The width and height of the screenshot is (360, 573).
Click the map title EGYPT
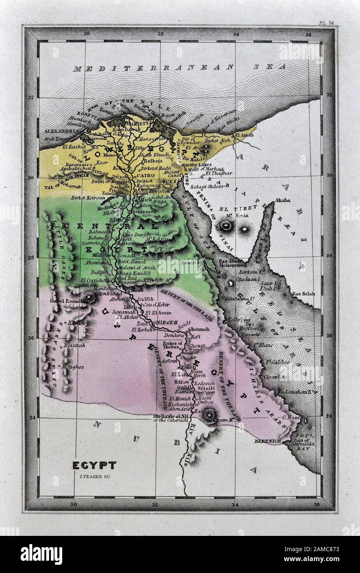[x=94, y=465]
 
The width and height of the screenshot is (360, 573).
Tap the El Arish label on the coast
[x=243, y=135]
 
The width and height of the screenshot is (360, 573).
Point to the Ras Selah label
[x=303, y=294]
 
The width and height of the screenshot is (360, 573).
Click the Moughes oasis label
[x=73, y=366]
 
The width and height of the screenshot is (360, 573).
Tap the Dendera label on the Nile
[x=173, y=336]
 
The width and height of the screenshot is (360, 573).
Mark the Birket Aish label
[x=220, y=151]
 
